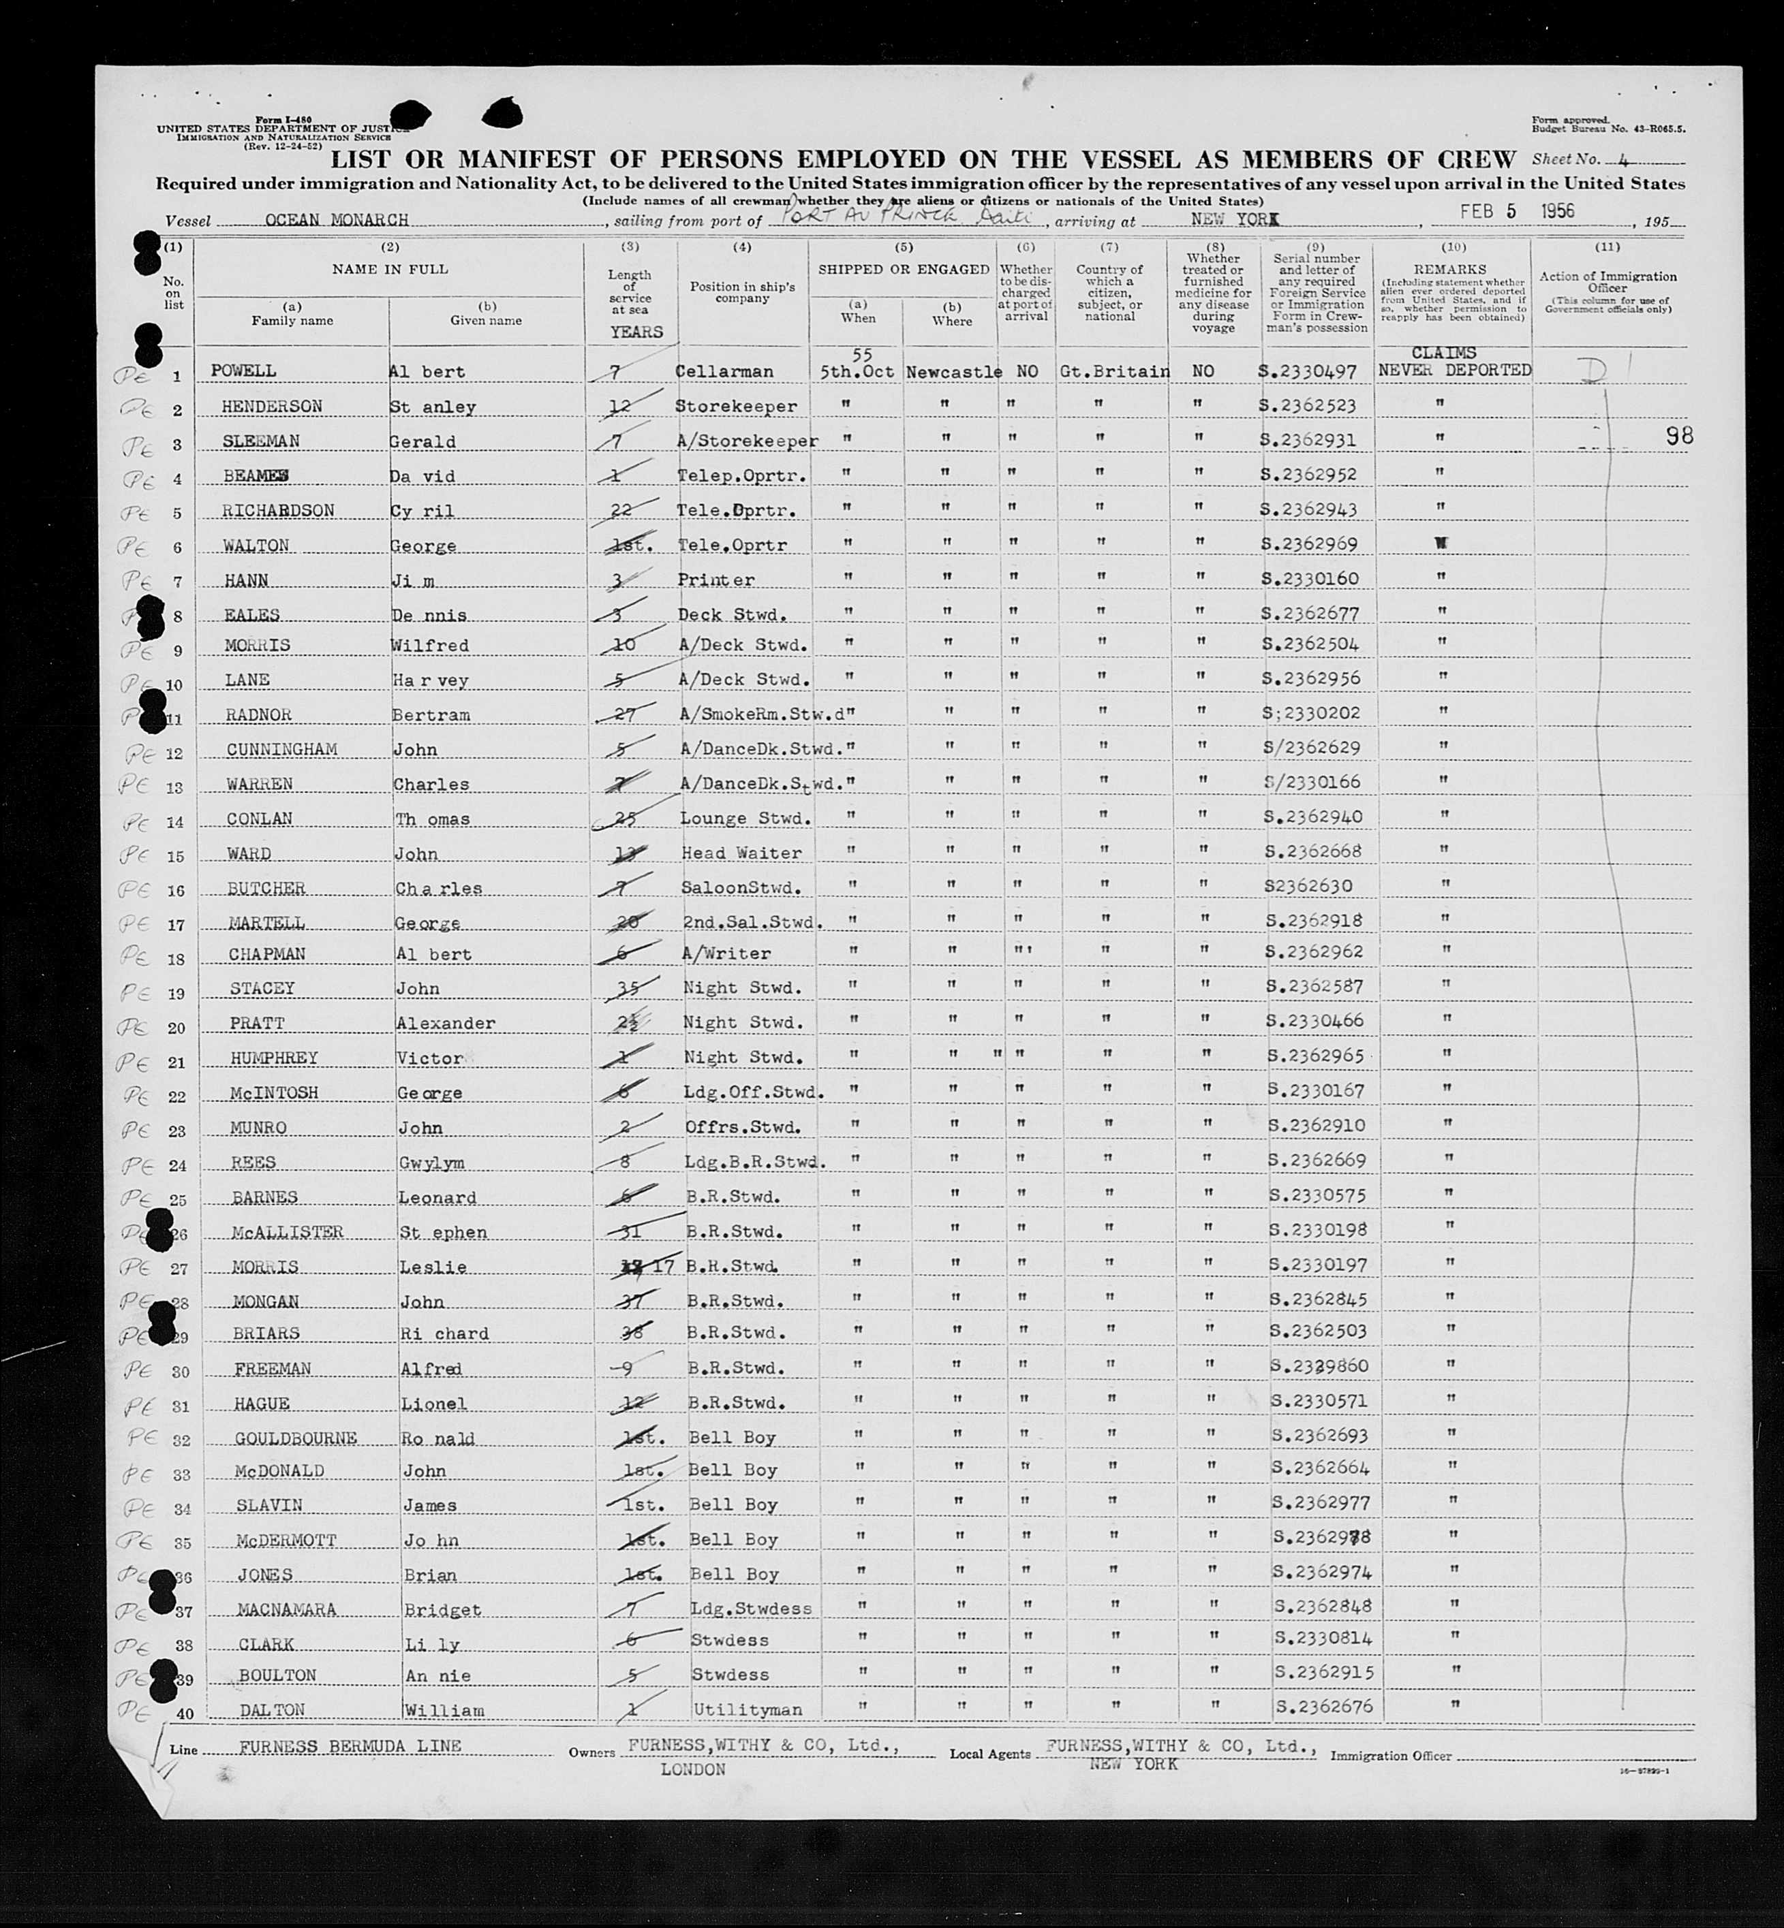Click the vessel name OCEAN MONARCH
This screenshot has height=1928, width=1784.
[336, 220]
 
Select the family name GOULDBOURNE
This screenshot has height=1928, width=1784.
[296, 1439]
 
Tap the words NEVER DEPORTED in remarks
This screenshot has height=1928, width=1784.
[1454, 370]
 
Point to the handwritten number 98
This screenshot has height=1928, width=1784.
[1679, 436]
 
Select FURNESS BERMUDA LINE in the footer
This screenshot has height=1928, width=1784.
[350, 1747]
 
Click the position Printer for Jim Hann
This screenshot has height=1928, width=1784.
[716, 580]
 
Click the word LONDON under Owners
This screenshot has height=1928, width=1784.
[692, 1770]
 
